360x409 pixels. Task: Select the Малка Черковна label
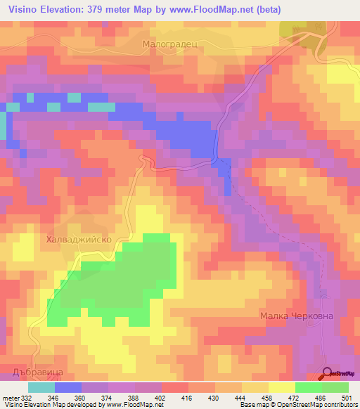296,316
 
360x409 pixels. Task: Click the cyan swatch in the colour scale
41,387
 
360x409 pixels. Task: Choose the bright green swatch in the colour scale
309,387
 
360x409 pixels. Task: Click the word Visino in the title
26,9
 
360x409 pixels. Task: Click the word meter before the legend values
11,397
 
